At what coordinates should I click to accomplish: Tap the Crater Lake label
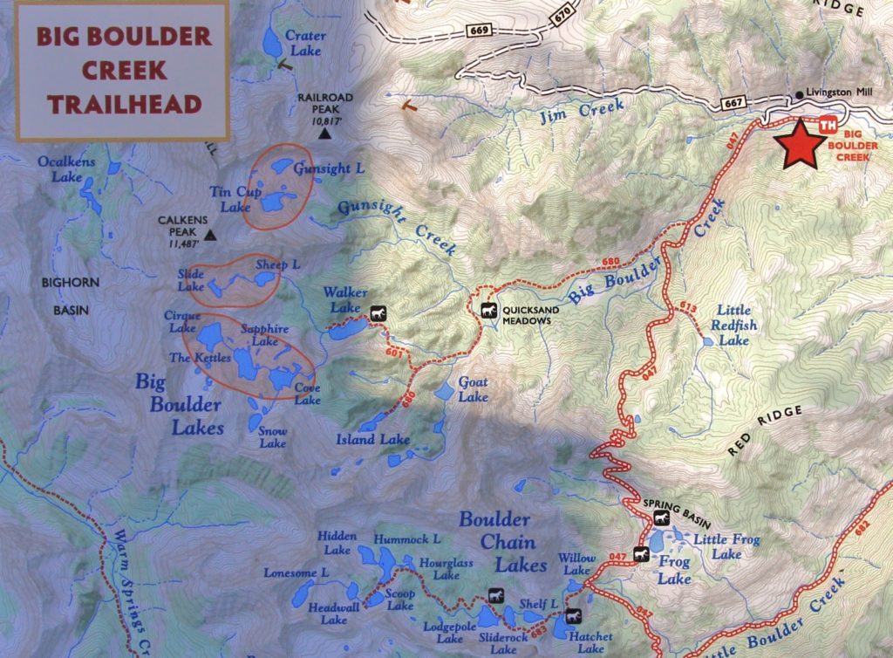tap(305, 44)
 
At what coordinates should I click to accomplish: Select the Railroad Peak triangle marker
tap(325, 135)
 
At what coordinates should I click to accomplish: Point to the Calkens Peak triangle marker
tap(209, 235)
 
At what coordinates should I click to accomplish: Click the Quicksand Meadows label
tap(528, 314)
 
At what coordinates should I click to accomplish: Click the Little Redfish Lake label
tap(736, 326)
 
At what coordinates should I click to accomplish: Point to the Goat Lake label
tap(474, 390)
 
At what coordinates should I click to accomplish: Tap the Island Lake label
tap(373, 439)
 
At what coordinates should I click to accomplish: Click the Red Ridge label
tap(762, 432)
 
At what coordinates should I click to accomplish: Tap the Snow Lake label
tap(273, 437)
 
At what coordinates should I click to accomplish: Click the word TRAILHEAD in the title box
tap(124, 105)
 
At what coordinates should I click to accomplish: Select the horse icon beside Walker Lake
tap(378, 312)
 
